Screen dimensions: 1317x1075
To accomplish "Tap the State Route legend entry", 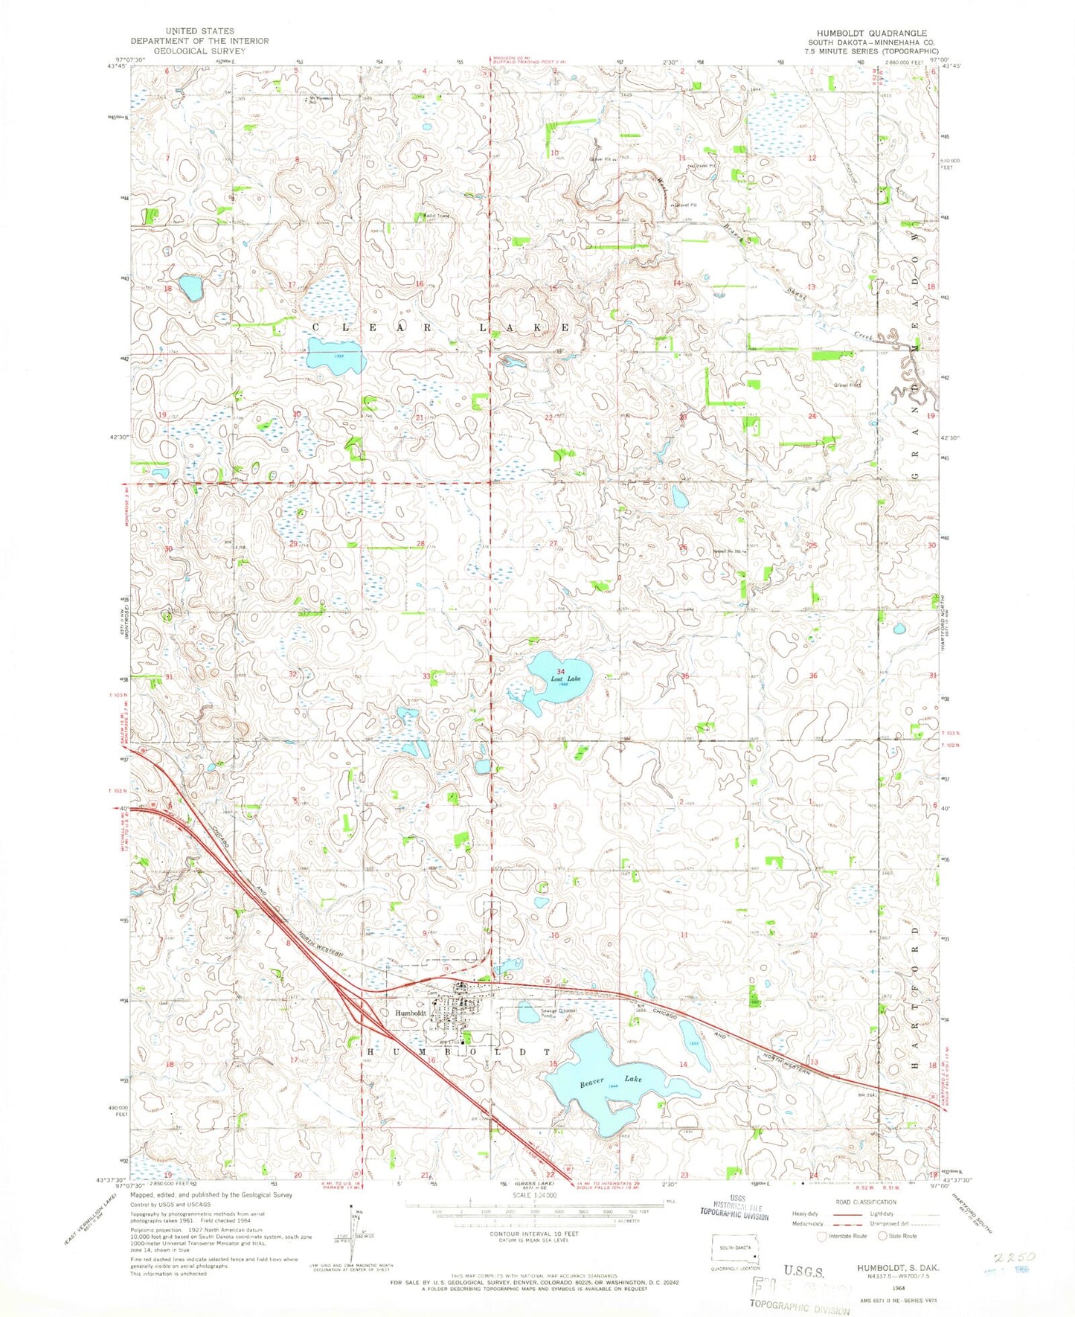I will point(899,1236).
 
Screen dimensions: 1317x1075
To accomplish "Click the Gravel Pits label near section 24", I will point(847,385).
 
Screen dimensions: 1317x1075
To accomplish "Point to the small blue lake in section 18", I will point(190,287).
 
